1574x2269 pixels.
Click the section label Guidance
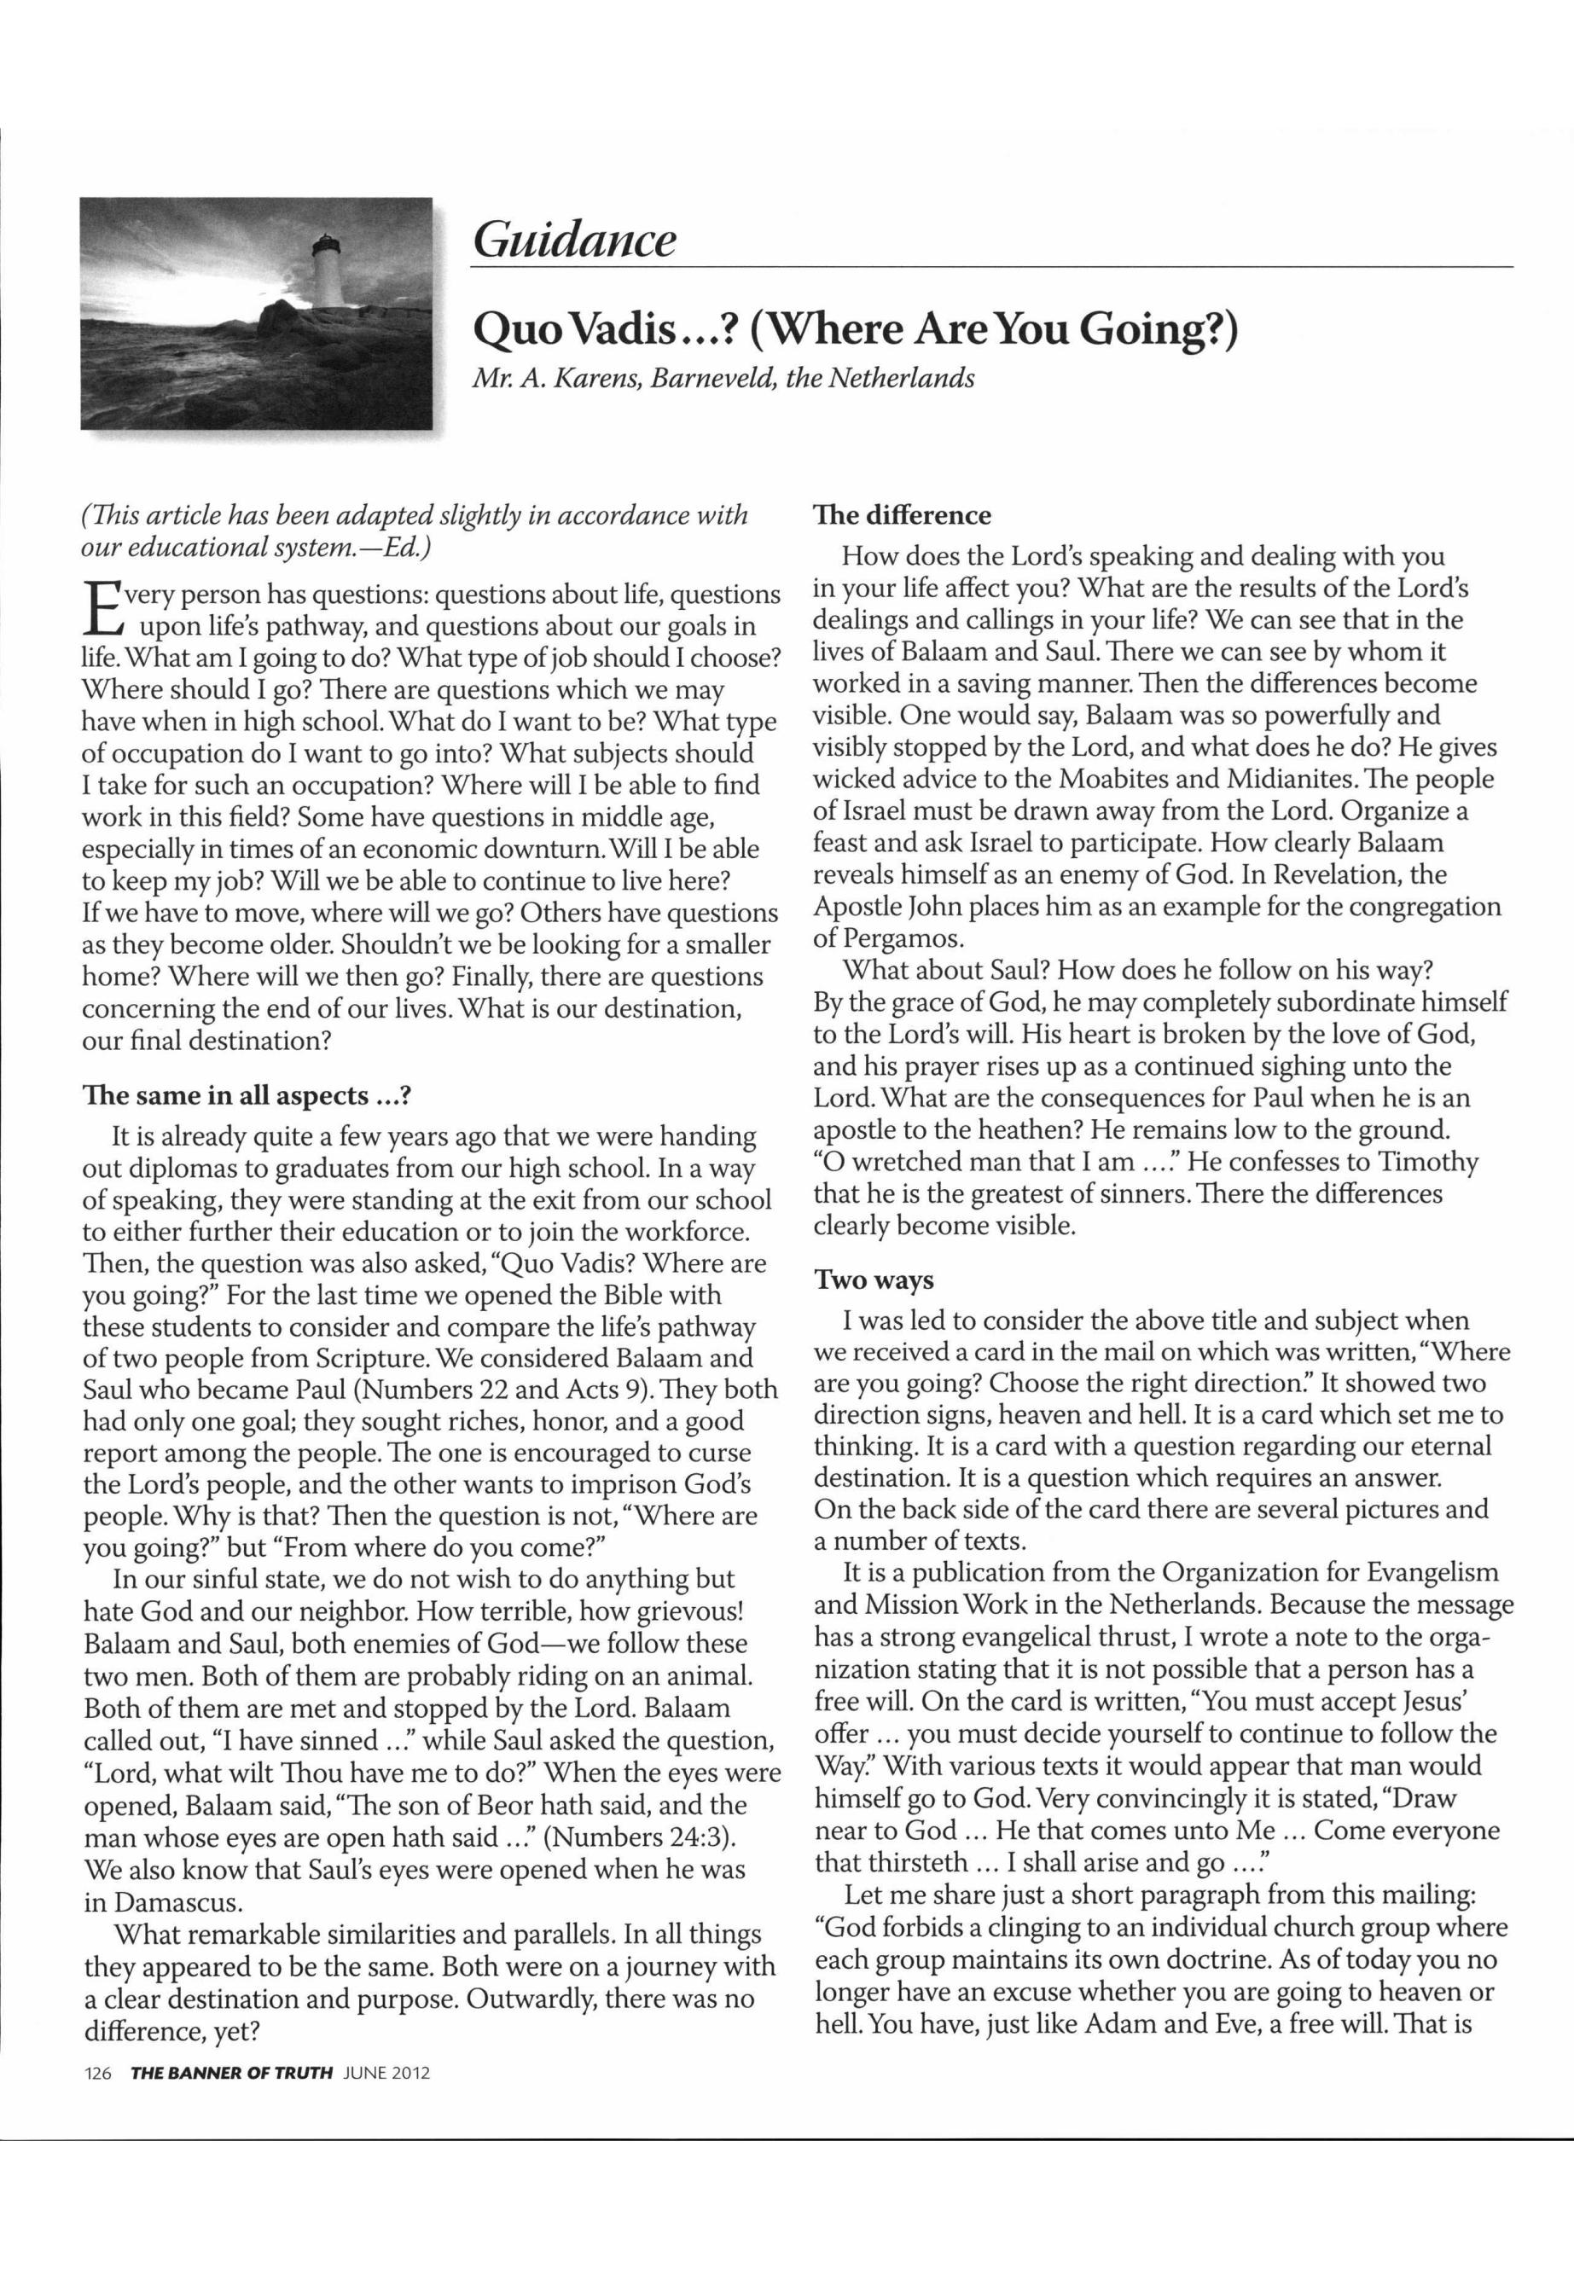click(x=574, y=241)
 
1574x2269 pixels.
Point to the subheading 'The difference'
click(x=902, y=516)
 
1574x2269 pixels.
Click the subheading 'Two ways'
click(x=873, y=1281)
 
